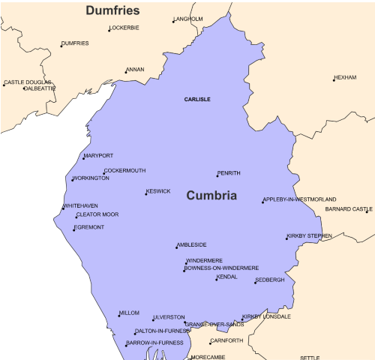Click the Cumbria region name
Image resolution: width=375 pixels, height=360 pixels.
tap(211, 196)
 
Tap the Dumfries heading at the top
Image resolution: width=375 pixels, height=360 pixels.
tap(113, 10)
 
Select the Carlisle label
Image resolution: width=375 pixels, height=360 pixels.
tap(197, 99)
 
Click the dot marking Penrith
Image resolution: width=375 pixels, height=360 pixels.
tap(217, 175)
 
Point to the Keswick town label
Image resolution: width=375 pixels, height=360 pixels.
tap(159, 191)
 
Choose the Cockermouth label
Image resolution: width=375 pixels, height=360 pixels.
tap(125, 171)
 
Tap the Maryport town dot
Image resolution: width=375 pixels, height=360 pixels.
tap(84, 158)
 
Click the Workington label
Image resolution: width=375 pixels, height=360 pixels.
tap(91, 178)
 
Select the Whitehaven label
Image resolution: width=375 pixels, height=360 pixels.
tap(81, 205)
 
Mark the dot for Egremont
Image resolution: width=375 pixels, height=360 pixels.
tap(73, 229)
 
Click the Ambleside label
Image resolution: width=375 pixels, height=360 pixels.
tap(192, 245)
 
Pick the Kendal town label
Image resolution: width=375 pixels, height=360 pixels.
tap(227, 277)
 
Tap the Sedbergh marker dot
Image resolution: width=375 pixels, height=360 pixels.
tap(255, 282)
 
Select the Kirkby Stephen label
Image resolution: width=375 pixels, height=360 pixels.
tap(310, 236)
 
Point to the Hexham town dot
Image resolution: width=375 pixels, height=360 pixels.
tap(334, 79)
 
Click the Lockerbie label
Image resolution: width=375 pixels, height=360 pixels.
tap(126, 28)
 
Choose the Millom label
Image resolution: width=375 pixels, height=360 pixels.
tap(130, 313)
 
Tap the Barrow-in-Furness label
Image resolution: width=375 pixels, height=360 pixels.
tap(155, 343)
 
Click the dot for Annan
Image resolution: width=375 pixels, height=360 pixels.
tap(125, 72)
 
